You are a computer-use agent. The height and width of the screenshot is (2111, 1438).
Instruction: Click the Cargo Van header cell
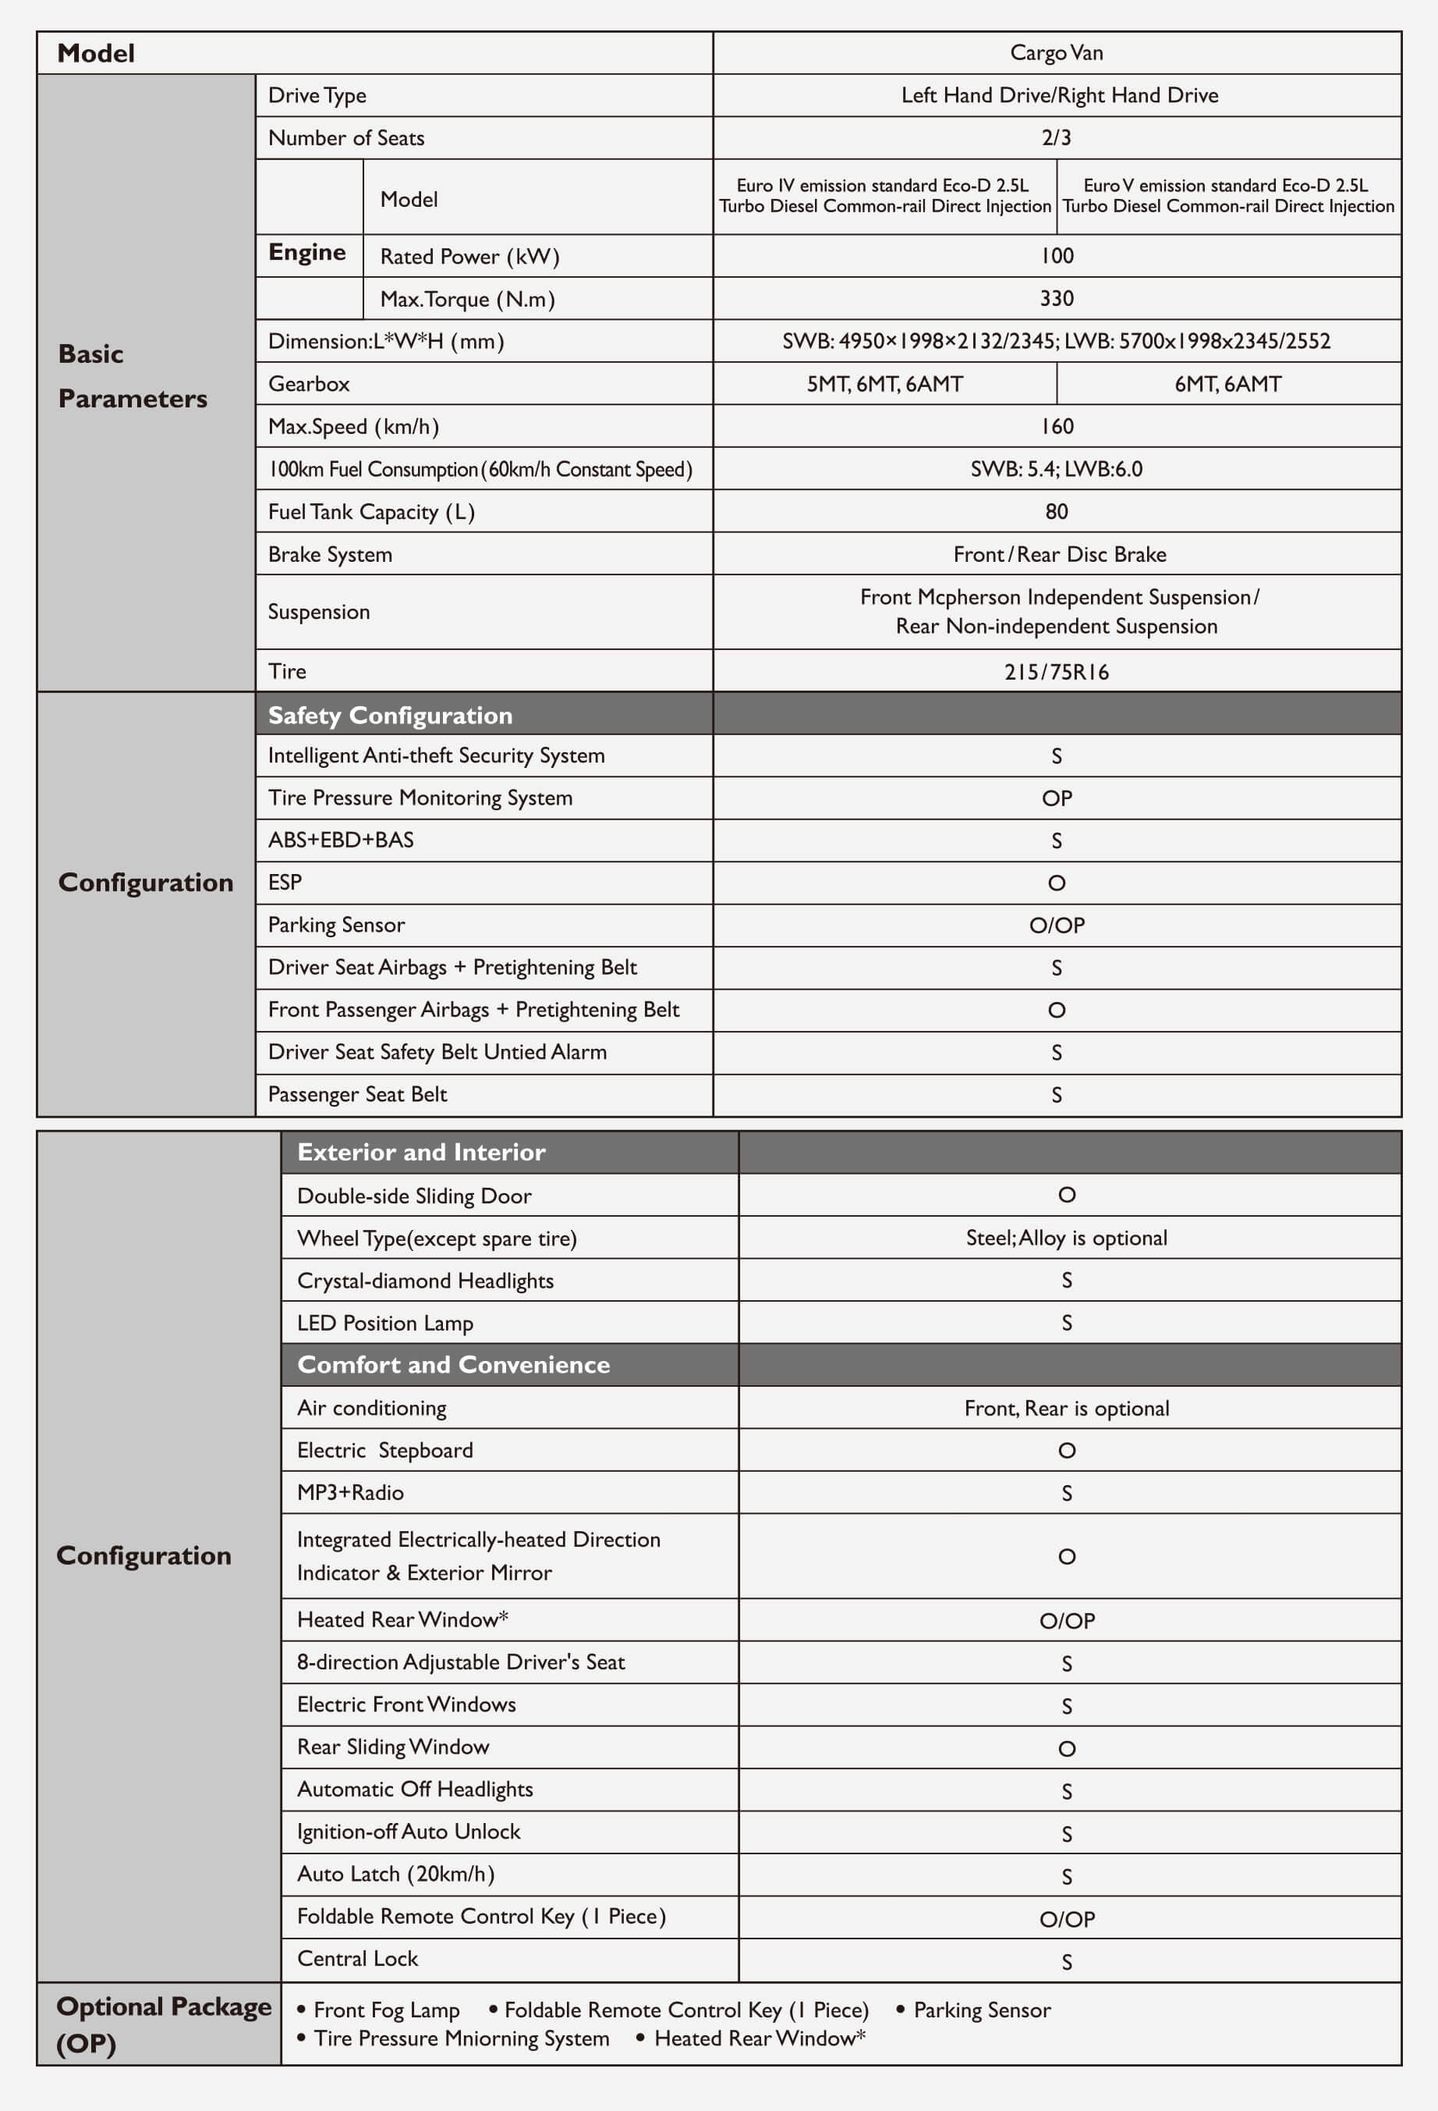[x=1057, y=53]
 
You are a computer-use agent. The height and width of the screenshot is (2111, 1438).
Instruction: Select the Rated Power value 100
[x=1057, y=256]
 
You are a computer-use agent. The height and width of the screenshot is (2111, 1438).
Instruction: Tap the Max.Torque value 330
[x=1057, y=299]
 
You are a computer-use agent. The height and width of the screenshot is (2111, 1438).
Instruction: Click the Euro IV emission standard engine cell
[x=884, y=196]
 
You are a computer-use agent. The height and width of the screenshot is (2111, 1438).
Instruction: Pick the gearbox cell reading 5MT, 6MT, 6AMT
[x=884, y=384]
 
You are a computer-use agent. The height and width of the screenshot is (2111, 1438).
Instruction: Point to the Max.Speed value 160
[x=1057, y=427]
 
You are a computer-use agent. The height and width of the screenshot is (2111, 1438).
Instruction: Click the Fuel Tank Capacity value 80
[x=1057, y=511]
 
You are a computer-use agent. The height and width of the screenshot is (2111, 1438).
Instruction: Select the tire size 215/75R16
[x=1057, y=672]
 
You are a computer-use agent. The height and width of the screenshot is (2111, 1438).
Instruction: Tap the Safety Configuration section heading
[x=391, y=716]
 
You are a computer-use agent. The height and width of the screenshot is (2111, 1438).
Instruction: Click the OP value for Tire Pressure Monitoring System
[x=1057, y=798]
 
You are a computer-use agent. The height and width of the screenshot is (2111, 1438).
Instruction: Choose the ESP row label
[x=285, y=883]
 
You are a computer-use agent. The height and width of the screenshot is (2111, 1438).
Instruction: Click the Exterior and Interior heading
[x=421, y=1153]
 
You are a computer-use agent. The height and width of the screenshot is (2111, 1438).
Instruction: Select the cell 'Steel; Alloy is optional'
[x=1067, y=1238]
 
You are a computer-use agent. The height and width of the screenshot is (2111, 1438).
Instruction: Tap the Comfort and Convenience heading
[x=453, y=1365]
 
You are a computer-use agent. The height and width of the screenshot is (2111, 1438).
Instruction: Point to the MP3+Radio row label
[x=350, y=1492]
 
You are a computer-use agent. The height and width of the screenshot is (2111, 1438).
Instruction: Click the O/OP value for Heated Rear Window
[x=1067, y=1620]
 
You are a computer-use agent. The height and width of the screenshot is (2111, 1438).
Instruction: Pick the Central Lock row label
[x=358, y=1958]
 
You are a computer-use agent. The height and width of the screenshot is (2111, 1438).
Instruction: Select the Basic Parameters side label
[x=133, y=376]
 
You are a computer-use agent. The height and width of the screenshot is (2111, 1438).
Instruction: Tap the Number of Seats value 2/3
[x=1057, y=138]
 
